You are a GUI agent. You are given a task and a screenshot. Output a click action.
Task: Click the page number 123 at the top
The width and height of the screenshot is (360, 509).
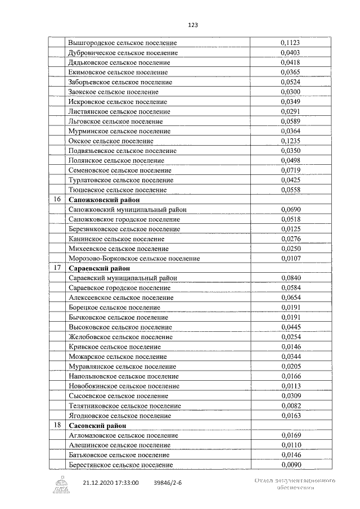coord(193,25)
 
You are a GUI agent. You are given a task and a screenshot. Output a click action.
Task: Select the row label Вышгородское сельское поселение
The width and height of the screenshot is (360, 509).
coord(122,43)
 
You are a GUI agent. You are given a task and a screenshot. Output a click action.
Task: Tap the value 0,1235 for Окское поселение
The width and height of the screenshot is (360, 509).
coord(290,141)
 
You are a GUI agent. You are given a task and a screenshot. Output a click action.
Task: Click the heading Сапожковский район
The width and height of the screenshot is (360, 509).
coord(104,200)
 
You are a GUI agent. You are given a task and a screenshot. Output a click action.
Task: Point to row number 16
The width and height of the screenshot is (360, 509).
coord(57,200)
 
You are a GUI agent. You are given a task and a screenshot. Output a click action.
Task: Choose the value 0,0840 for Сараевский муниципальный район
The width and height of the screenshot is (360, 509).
coord(290,278)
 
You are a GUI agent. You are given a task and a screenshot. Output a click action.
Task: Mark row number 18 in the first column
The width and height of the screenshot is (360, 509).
coord(57,425)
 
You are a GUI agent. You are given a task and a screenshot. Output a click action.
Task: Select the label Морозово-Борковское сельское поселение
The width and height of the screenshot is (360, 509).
coord(134,258)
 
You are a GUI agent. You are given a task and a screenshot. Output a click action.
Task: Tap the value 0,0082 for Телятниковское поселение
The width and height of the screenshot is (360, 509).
coord(290,406)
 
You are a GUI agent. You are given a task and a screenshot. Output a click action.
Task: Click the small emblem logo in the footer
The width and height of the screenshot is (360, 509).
coord(61,484)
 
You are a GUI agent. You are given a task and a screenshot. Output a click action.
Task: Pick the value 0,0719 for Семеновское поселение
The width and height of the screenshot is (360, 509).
coord(290,170)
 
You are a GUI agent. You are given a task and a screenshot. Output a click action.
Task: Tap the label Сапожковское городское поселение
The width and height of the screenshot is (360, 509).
coord(124,219)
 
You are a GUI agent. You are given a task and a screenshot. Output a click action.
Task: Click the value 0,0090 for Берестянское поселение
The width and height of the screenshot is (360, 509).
coord(290,465)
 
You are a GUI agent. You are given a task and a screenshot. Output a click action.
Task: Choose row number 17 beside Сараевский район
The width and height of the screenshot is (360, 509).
coord(57,268)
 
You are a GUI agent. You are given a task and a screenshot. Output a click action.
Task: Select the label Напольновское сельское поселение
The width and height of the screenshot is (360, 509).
coord(123,376)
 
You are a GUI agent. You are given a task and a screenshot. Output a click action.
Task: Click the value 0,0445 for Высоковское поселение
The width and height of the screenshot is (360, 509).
coord(290,327)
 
